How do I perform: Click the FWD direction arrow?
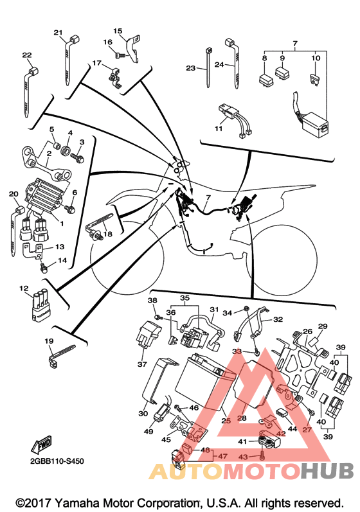click(42, 444)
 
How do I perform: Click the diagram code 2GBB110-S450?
click(57, 461)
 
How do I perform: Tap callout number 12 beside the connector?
click(24, 288)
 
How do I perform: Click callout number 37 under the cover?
click(142, 364)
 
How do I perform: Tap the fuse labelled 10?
click(313, 79)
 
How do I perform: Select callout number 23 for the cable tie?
click(191, 68)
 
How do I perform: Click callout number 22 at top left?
click(27, 55)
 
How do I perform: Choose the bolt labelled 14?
click(44, 269)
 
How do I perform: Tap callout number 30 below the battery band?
click(143, 413)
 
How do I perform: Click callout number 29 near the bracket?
click(323, 326)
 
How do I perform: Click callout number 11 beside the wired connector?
click(219, 128)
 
